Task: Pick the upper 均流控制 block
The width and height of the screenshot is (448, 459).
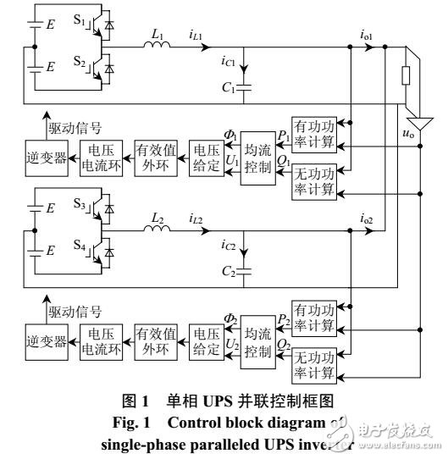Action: pos(257,150)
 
